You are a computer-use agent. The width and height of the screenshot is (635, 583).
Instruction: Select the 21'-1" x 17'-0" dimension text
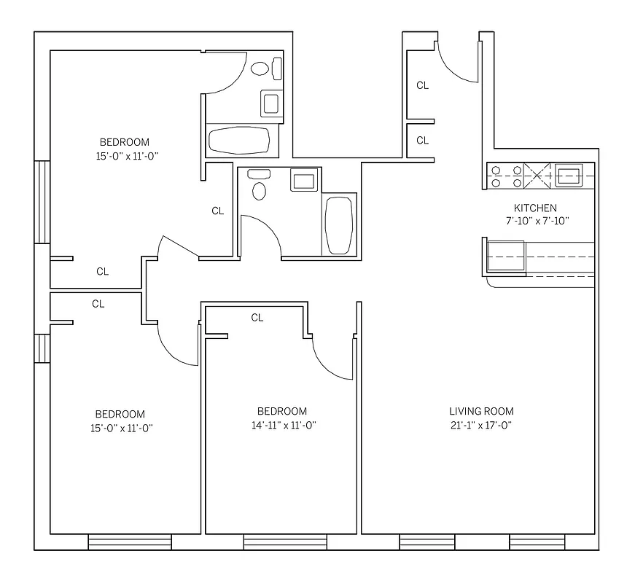[x=481, y=425]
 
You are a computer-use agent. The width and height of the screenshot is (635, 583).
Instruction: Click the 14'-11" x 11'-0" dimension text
[x=281, y=425]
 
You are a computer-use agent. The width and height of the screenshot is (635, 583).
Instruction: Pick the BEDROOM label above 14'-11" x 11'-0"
[x=281, y=411]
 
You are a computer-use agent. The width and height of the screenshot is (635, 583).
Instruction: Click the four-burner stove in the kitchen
[x=506, y=176]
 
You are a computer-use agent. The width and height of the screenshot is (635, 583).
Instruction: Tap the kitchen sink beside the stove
[x=568, y=175]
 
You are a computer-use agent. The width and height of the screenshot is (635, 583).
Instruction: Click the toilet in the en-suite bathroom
[x=260, y=69]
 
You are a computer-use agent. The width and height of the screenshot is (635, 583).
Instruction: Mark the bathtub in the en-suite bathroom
[x=239, y=139]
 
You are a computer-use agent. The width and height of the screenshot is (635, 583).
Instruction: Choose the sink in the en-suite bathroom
[x=270, y=103]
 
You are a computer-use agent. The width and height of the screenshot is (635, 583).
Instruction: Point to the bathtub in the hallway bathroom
[x=339, y=224]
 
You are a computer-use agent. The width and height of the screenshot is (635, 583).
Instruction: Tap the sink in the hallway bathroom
[x=303, y=179]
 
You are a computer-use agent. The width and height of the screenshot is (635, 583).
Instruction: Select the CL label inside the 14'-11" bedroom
[x=257, y=318]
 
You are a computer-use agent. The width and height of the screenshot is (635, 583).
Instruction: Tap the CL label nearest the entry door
[x=422, y=85]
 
